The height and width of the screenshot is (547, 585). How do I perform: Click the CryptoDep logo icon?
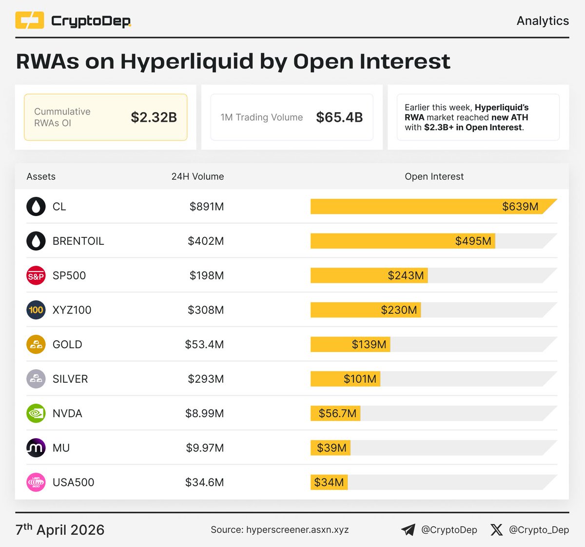coord(30,20)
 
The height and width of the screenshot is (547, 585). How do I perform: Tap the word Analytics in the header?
coord(543,21)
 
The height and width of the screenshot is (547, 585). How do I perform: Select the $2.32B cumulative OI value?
coord(154,117)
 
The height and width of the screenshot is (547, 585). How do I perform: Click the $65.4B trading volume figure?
coord(339,117)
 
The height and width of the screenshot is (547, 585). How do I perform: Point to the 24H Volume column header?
coord(197,176)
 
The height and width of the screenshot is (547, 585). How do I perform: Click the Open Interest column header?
coord(434,176)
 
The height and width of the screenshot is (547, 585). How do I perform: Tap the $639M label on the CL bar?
coord(520,207)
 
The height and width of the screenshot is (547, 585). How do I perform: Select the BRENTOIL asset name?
coord(78,241)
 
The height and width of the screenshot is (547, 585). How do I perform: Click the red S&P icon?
coord(36,276)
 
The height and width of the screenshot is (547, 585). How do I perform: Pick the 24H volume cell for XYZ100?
coord(205,310)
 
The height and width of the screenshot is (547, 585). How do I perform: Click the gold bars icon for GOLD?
coord(36,345)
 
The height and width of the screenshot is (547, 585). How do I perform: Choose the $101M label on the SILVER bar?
coord(360,379)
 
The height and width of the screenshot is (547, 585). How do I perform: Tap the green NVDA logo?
coord(36,413)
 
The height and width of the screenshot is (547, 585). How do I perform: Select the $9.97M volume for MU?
coord(205,448)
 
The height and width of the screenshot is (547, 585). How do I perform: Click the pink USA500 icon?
coord(36,483)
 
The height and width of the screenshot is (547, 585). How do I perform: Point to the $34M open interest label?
coord(329,483)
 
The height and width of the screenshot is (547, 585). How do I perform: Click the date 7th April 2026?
coord(60,530)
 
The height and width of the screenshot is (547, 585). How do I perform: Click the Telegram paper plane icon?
coord(408,530)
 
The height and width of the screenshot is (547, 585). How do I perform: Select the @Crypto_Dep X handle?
coord(539,530)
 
